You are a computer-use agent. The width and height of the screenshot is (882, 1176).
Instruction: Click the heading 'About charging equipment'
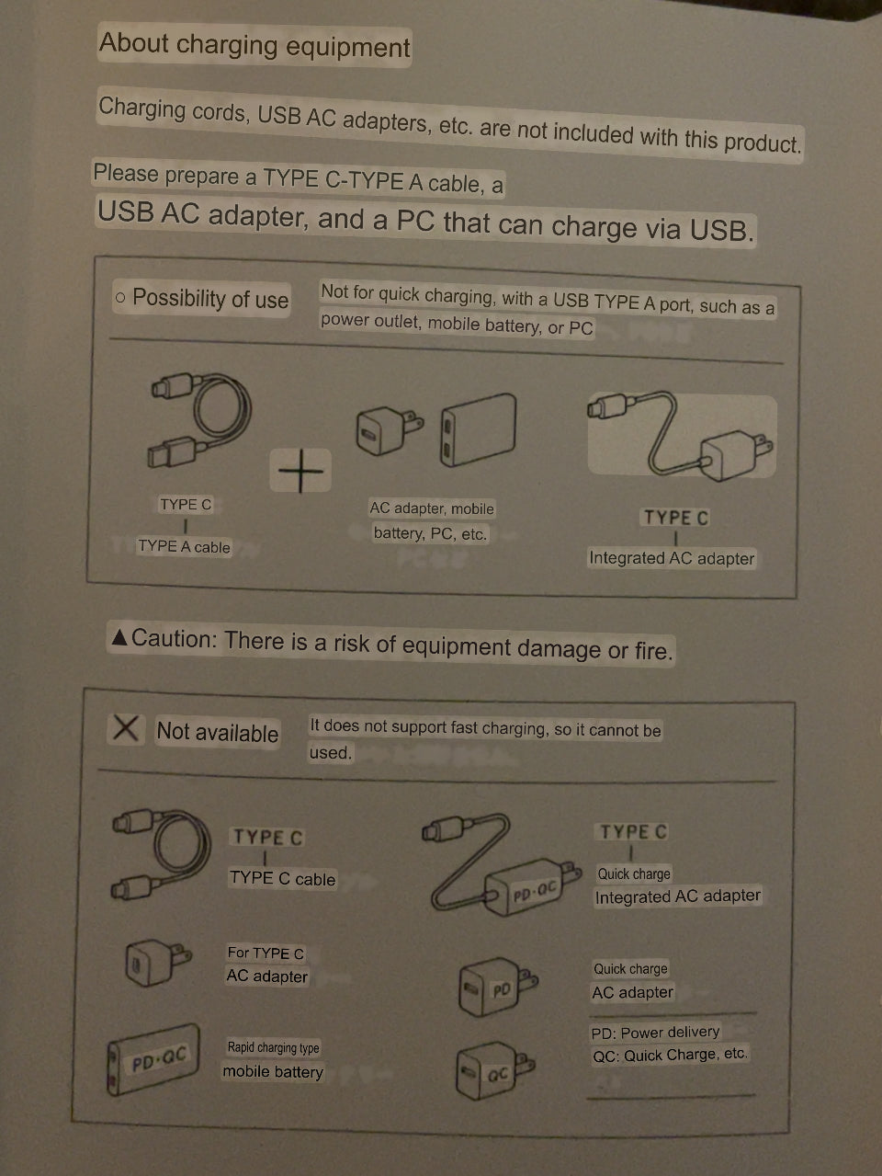click(254, 45)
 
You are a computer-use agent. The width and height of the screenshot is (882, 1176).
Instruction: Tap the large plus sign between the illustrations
click(300, 471)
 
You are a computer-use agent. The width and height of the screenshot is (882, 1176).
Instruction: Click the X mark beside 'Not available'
click(126, 728)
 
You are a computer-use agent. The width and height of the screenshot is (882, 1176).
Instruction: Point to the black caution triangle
click(119, 637)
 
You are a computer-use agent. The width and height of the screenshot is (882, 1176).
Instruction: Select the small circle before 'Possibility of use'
click(120, 297)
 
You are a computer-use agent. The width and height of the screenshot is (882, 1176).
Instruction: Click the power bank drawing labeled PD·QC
click(153, 1060)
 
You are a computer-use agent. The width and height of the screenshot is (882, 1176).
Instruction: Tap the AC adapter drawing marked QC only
click(494, 1070)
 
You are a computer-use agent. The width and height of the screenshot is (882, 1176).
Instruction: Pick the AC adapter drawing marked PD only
click(498, 987)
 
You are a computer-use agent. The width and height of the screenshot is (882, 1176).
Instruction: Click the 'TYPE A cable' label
click(184, 546)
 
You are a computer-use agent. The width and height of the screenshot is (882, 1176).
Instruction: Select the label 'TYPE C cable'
click(282, 879)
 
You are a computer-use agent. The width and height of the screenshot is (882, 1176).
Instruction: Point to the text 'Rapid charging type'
click(273, 1047)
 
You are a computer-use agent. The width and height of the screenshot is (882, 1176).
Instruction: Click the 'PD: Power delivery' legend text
click(655, 1033)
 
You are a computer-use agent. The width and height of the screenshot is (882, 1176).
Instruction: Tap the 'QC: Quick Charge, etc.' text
click(670, 1055)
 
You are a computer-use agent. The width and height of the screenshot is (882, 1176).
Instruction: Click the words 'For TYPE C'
click(266, 953)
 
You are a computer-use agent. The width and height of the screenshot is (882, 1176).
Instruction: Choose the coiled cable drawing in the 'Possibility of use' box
click(200, 420)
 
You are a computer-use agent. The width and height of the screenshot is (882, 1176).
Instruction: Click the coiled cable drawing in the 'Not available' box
click(161, 855)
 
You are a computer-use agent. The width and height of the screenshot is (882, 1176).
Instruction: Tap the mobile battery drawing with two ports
click(478, 430)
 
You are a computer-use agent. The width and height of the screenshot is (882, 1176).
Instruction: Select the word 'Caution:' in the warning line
click(174, 639)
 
